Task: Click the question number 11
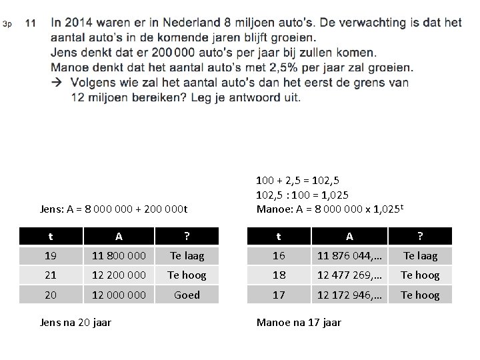click(x=31, y=23)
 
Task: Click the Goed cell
click(x=187, y=295)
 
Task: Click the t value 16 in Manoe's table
click(x=278, y=255)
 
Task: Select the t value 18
click(x=278, y=275)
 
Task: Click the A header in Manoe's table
click(x=348, y=235)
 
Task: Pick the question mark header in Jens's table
click(x=187, y=235)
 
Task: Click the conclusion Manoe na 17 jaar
click(x=299, y=323)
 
